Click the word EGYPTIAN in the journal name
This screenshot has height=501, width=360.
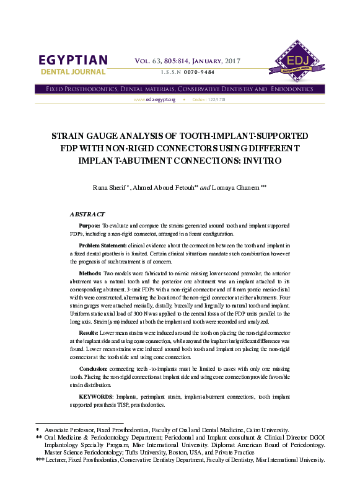click(x=73, y=60)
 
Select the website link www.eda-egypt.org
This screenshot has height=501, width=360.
click(x=155, y=99)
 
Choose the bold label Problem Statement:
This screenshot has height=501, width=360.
click(x=103, y=246)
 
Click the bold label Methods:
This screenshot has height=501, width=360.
click(x=90, y=273)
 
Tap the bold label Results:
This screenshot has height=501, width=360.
click(x=90, y=334)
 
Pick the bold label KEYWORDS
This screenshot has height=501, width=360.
click(x=97, y=395)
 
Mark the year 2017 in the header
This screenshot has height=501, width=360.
click(x=230, y=61)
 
